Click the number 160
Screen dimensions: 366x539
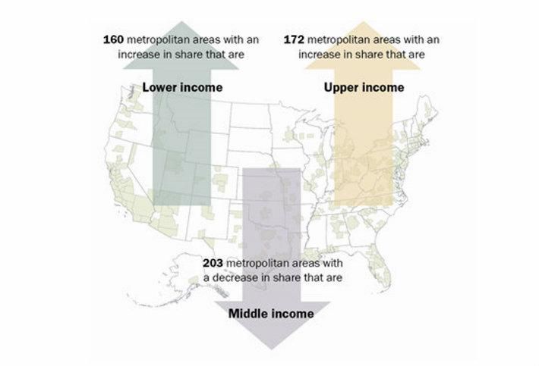click(x=114, y=39)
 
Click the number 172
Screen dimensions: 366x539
click(x=295, y=39)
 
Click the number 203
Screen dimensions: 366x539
click(x=213, y=263)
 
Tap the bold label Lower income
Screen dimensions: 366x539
click(x=182, y=87)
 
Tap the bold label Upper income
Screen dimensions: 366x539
click(x=364, y=87)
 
